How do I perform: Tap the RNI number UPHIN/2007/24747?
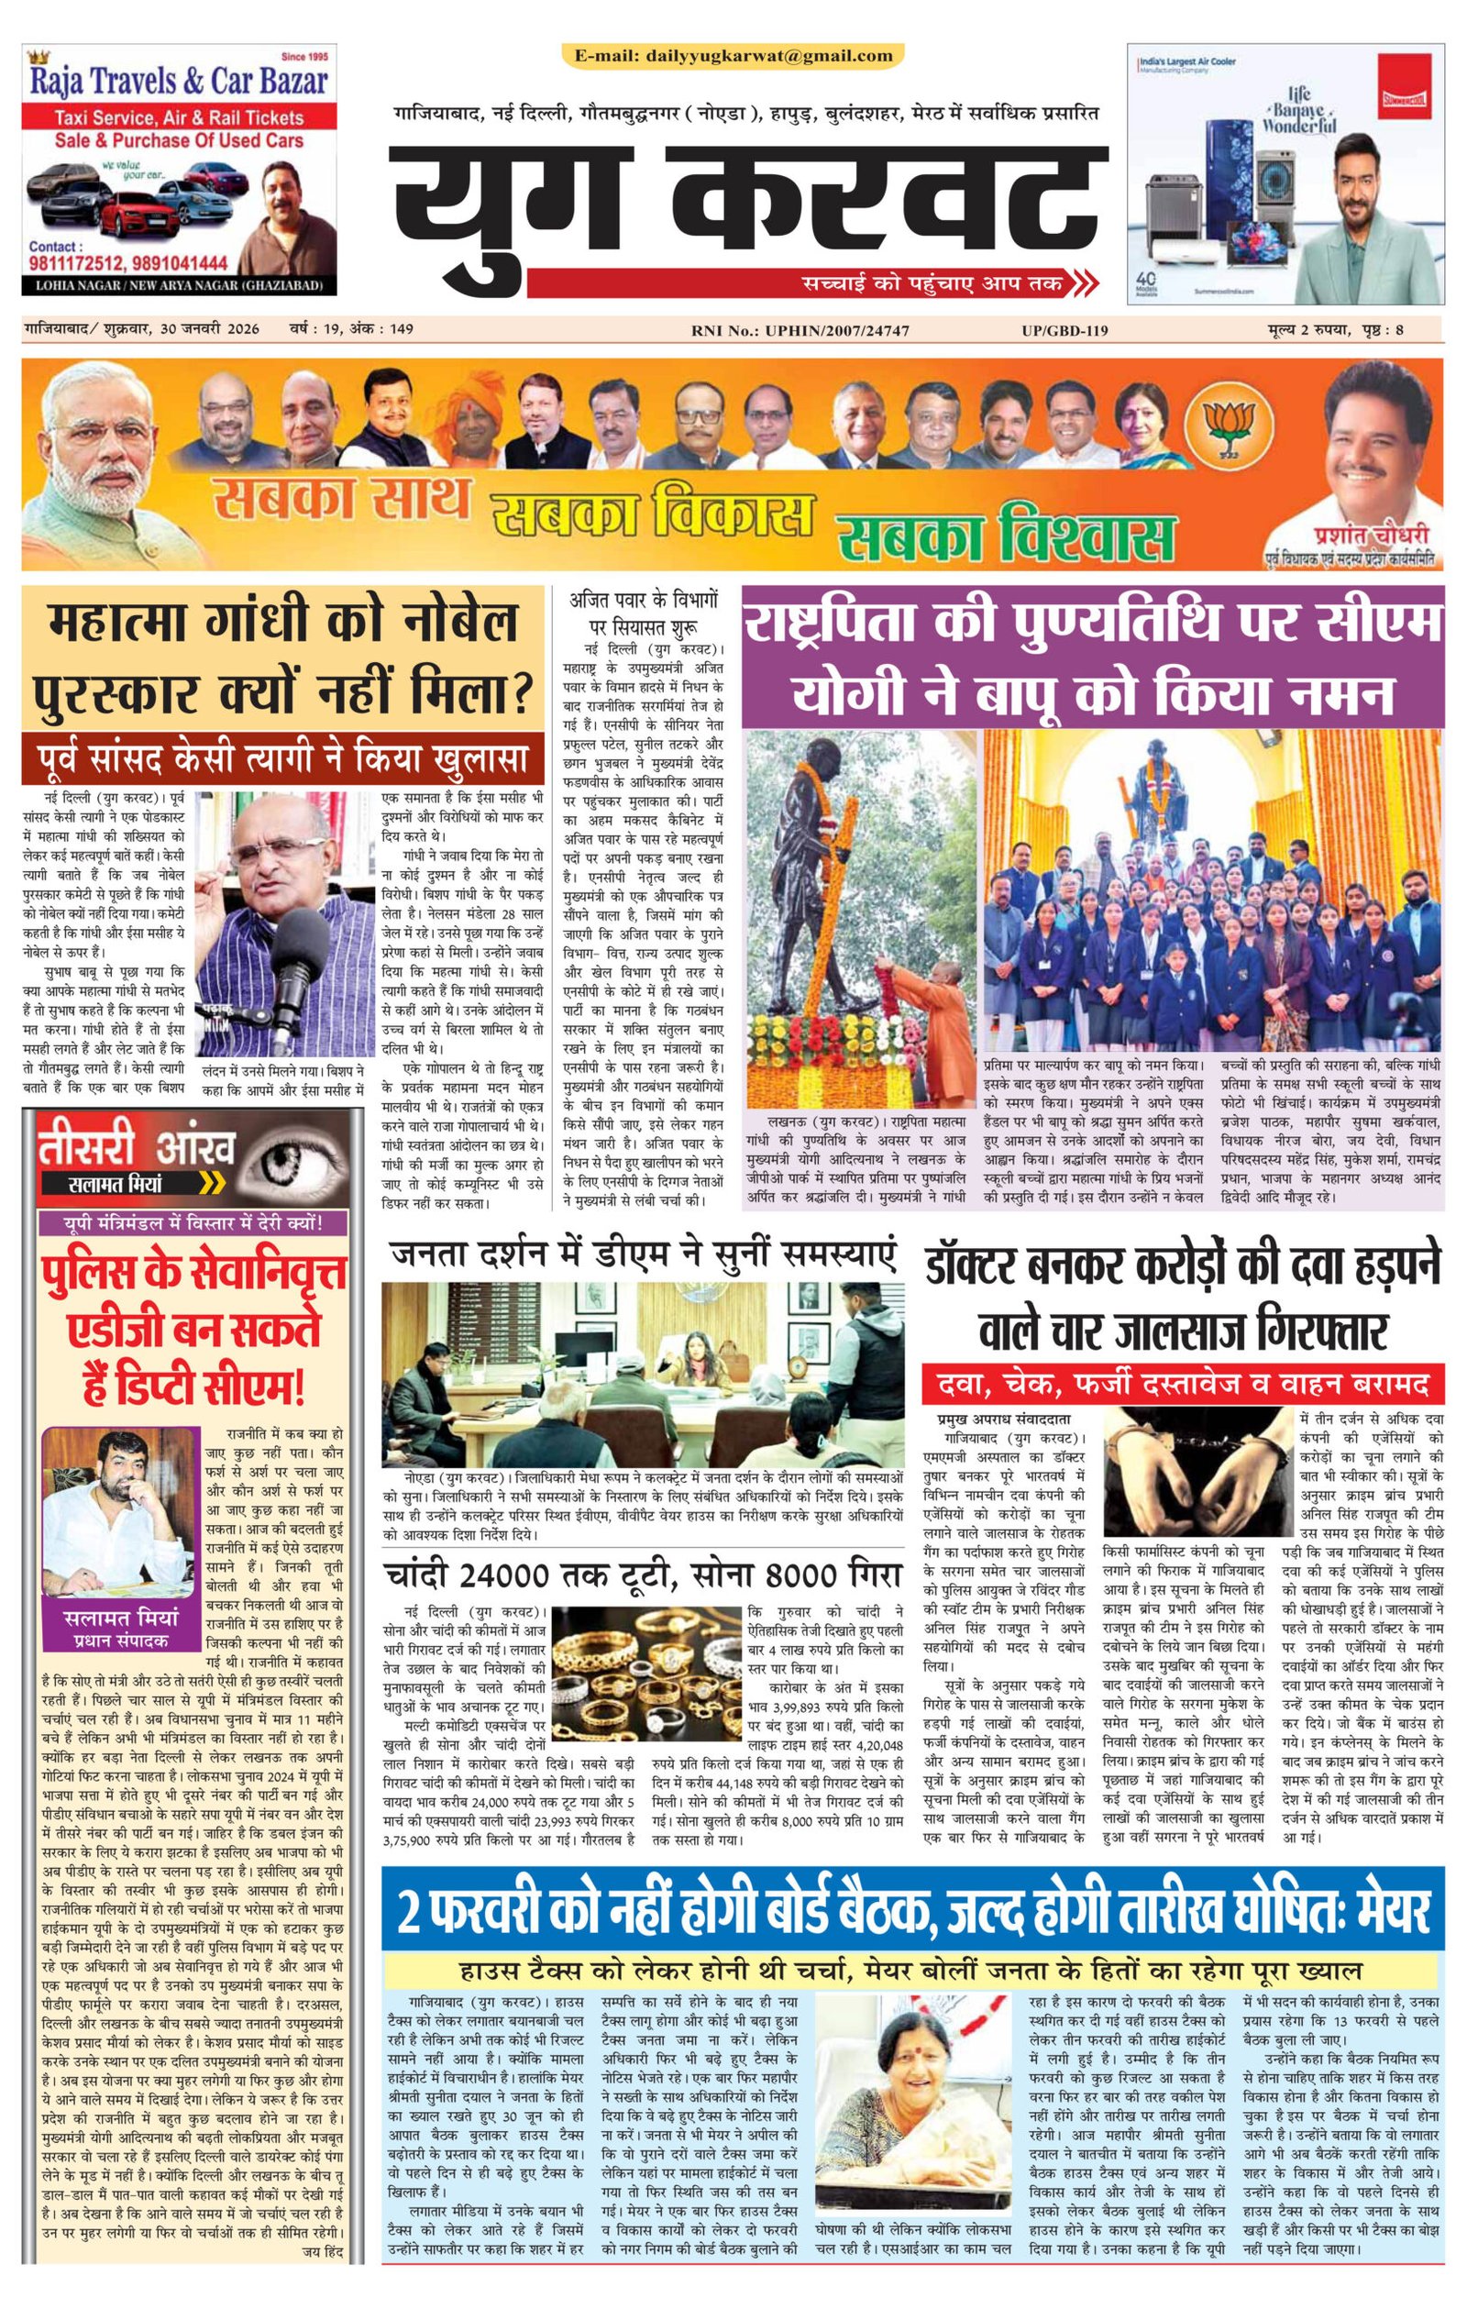(x=836, y=331)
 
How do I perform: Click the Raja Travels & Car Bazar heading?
(x=179, y=81)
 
